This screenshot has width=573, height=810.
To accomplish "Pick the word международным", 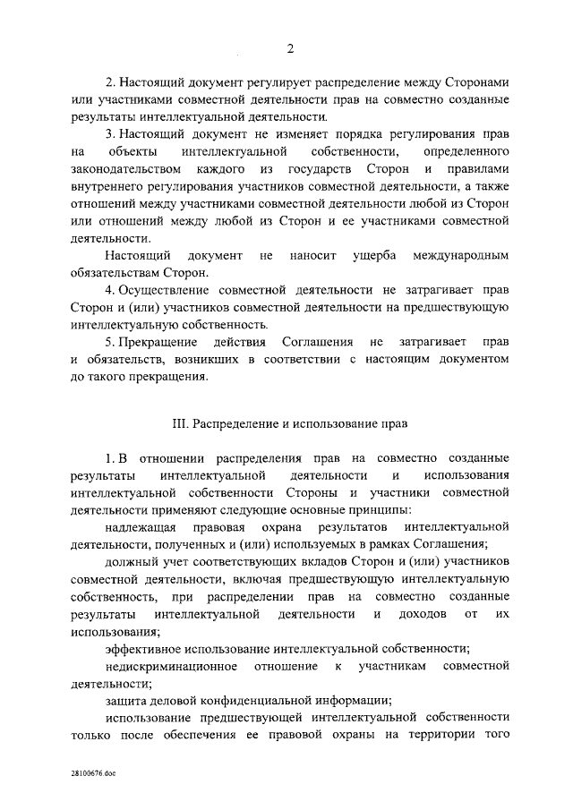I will [x=460, y=255].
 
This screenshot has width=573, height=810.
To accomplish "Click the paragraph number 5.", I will [x=108, y=342].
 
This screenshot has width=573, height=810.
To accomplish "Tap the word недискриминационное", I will [x=170, y=667].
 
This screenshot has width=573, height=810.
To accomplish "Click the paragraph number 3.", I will [x=108, y=134].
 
